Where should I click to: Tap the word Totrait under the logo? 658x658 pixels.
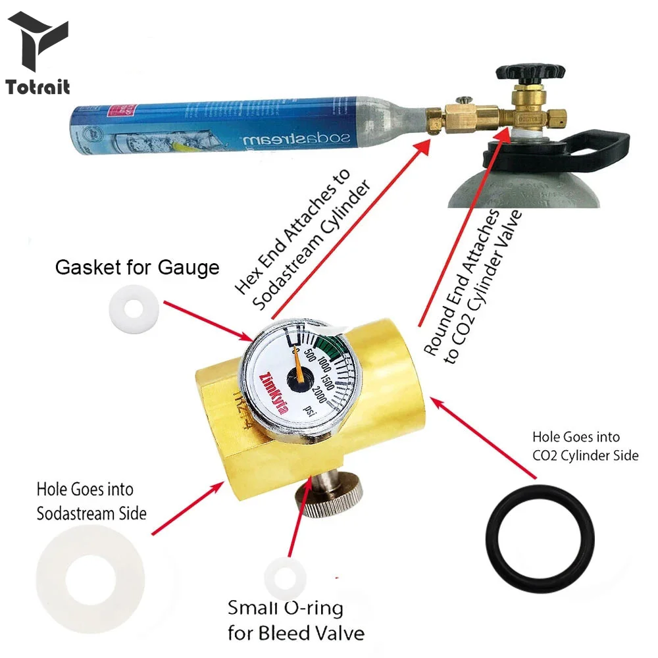[38, 87]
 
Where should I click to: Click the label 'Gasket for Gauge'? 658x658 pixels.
[137, 268]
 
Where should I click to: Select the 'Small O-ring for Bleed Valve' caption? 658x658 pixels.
[295, 620]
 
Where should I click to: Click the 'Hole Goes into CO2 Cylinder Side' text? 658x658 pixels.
[585, 445]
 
